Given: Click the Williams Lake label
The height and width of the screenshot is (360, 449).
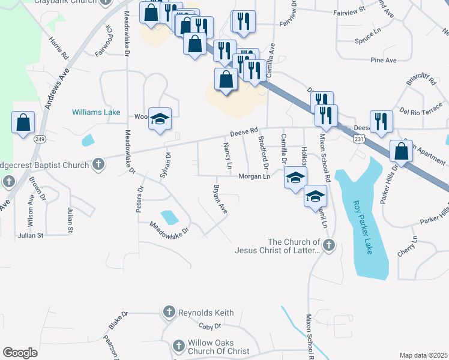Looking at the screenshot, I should coord(96,112).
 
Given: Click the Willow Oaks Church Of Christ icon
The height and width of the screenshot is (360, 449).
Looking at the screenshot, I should coord(178,346).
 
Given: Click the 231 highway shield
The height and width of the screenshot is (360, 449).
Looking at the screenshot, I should coord(358,139).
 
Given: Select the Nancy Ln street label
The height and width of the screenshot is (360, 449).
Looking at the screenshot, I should coord(228,155).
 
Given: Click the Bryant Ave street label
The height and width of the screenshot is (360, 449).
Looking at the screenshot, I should coord(220,200).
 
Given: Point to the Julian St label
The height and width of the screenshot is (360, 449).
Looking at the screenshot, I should coord(32,235).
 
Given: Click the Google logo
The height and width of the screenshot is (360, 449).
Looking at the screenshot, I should coord(20,352).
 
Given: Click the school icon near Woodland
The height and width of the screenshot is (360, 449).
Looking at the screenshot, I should coord(160,119).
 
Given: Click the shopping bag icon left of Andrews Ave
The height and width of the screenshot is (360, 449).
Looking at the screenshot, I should coord(23,122).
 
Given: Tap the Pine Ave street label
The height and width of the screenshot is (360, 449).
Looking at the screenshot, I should coord(384,60).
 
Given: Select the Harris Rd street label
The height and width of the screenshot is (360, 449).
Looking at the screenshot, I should coord(59,50).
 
